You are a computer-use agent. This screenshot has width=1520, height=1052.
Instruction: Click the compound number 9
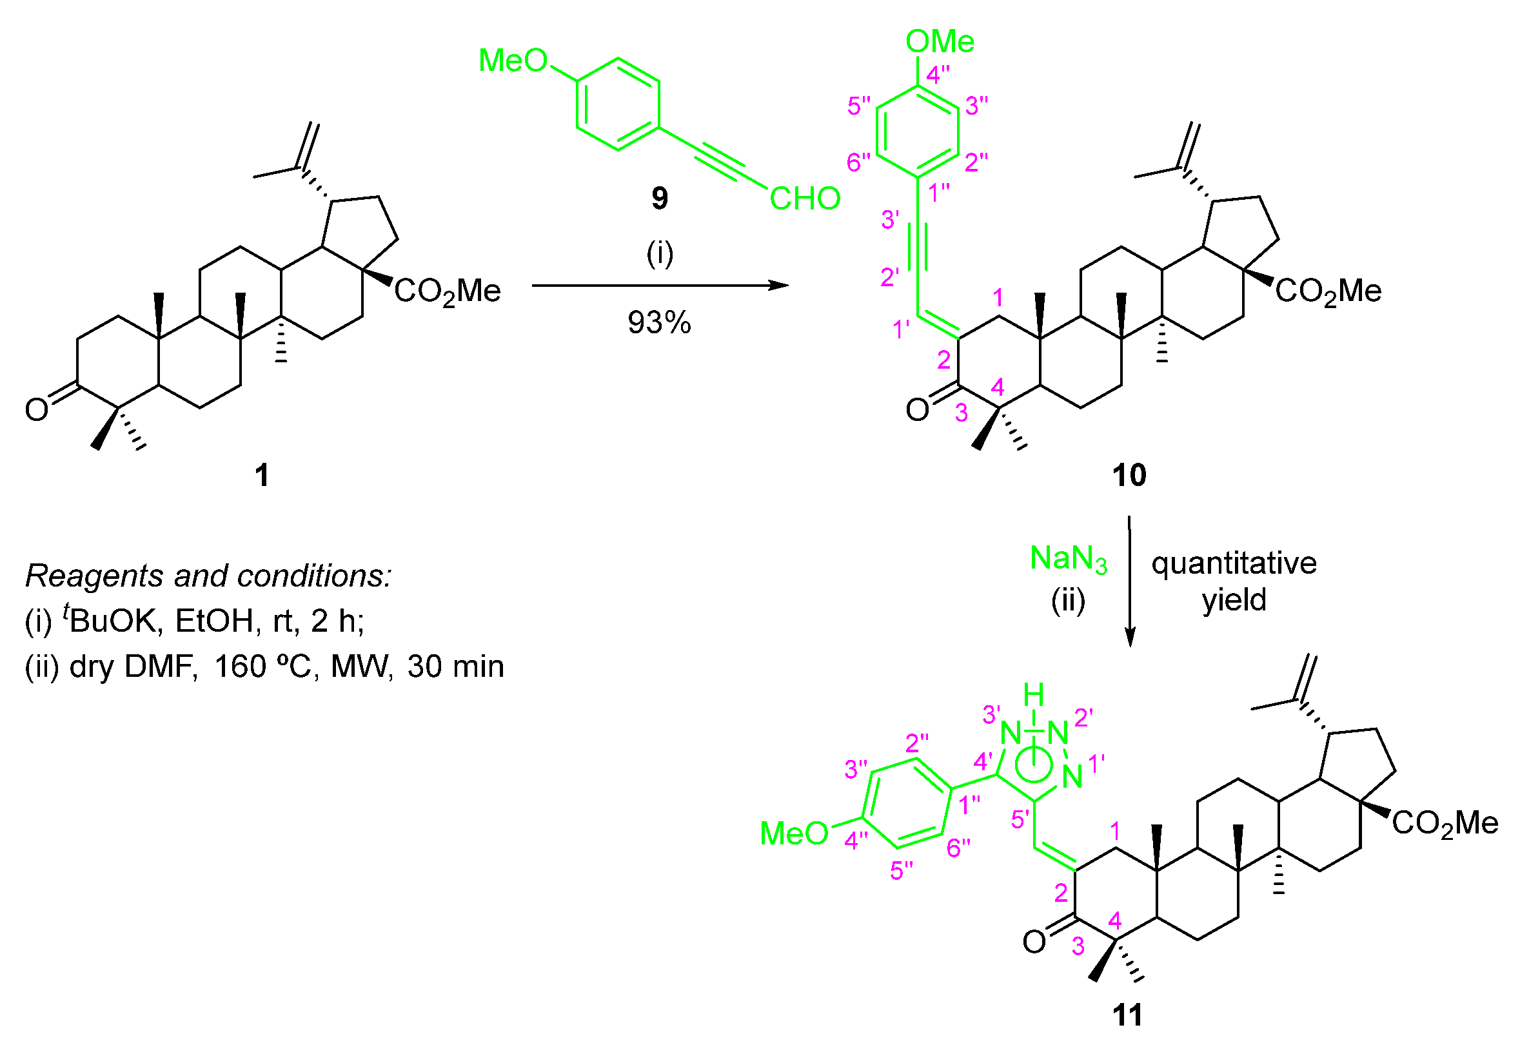coord(659,198)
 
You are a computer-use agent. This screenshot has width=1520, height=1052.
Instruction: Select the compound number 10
coord(1129,474)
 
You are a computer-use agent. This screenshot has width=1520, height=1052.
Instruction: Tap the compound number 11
coord(1127,1015)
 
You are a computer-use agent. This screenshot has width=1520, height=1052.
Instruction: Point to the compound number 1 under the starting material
coord(262,474)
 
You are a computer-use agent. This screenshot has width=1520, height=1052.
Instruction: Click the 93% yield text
coord(659,323)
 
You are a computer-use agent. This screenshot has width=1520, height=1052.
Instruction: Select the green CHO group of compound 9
coord(805,199)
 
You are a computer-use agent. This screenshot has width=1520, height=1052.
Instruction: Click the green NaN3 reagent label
coord(1069,559)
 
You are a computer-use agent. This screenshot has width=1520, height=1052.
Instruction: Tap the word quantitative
coord(1234,563)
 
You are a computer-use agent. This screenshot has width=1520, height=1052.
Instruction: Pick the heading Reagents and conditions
coord(208,576)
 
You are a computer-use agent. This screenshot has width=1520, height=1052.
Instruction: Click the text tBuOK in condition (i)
coord(112,619)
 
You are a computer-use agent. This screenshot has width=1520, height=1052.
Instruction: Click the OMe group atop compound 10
coord(939,41)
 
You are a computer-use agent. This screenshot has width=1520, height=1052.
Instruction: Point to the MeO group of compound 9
coord(513,61)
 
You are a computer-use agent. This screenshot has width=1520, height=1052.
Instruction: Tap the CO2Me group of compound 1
coord(447,291)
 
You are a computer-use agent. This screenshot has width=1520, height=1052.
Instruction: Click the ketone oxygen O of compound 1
coord(36,409)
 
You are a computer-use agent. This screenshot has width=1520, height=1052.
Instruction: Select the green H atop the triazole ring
coord(1033,695)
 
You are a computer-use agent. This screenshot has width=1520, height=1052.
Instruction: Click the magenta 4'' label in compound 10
coord(938,75)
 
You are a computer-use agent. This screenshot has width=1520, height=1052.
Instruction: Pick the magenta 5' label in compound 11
coord(1020,819)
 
